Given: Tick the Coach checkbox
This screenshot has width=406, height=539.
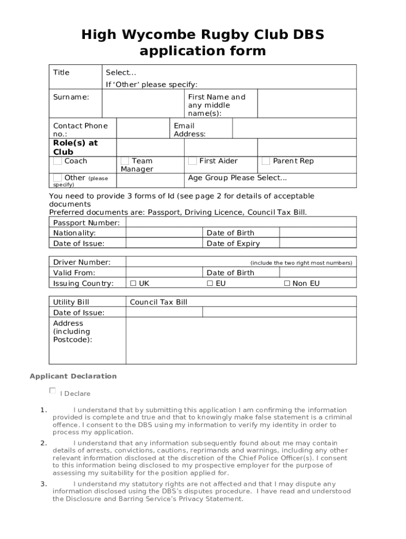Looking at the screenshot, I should click(57, 161).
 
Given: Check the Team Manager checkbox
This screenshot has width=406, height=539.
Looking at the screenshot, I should click(125, 161).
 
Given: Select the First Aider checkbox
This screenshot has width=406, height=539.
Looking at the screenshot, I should click(192, 161).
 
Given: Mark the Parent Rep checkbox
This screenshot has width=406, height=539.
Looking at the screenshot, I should click(266, 161).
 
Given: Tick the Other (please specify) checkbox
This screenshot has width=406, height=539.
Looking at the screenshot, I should click(57, 178).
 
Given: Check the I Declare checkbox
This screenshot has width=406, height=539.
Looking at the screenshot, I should click(52, 391).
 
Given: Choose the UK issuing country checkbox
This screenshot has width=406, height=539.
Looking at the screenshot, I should click(133, 284).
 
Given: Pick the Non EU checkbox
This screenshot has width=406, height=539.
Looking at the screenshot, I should click(287, 284).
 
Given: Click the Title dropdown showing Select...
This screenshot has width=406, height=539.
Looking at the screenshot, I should click(121, 73).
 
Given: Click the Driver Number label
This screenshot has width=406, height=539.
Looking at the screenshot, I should click(82, 262).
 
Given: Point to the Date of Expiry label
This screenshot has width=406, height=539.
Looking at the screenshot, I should click(233, 244).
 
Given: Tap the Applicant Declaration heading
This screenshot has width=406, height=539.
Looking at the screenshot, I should click(73, 376).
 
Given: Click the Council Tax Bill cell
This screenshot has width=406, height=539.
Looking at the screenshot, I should click(159, 302).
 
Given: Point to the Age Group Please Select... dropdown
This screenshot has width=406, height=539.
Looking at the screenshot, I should click(237, 178).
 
